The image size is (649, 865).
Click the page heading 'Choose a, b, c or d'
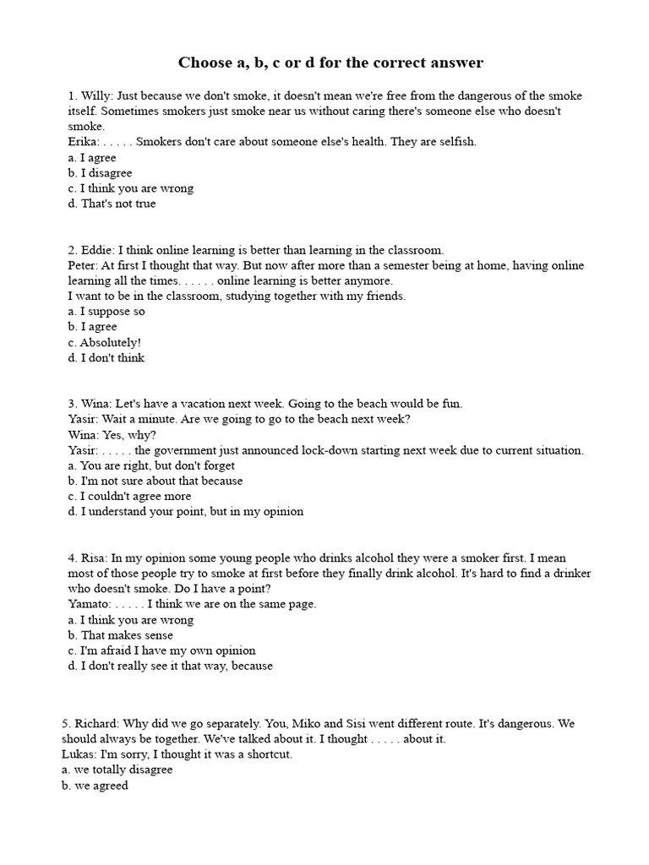(x=330, y=63)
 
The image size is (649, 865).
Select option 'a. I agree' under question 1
(x=92, y=158)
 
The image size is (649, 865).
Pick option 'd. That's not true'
(x=112, y=204)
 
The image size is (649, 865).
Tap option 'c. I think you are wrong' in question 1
(x=130, y=188)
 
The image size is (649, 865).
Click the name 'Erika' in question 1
(x=83, y=142)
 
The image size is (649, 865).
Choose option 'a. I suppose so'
(x=106, y=312)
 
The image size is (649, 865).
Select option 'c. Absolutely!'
(x=104, y=342)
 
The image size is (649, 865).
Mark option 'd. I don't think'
(x=106, y=358)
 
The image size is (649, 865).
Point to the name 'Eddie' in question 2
(x=97, y=250)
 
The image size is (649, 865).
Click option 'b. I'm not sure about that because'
(x=155, y=481)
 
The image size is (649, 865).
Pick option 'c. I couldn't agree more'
(x=129, y=496)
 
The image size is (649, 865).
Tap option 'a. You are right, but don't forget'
(x=151, y=465)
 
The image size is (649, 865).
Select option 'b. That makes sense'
(x=120, y=635)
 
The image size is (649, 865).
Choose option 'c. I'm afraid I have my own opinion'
(x=161, y=650)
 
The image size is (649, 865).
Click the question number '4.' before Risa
(x=73, y=558)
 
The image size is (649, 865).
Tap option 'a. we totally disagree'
(x=120, y=770)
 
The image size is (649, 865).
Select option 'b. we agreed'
(x=98, y=786)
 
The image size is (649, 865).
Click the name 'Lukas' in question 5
(x=83, y=754)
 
